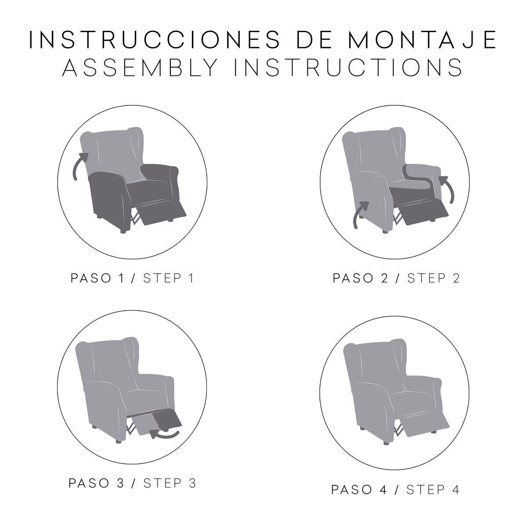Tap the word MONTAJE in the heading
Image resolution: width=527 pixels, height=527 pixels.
tap(422, 40)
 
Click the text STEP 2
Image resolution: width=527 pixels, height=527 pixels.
tap(433, 278)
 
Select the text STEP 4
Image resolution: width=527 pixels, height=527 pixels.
tap(433, 489)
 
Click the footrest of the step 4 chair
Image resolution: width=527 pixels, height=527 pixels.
tap(425, 426)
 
